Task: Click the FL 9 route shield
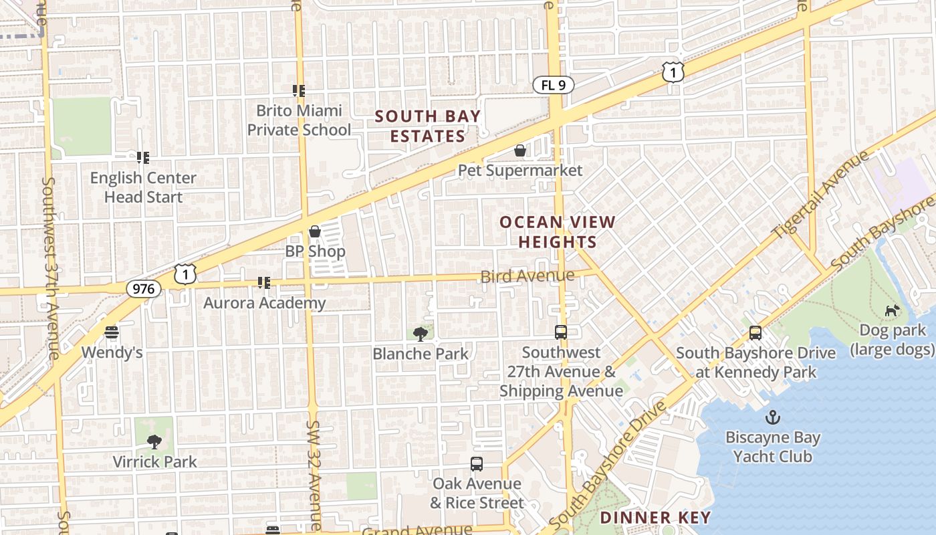click(553, 85)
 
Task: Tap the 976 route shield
click(144, 289)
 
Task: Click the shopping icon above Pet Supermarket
click(520, 150)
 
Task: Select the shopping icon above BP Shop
click(315, 231)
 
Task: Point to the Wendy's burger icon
click(112, 332)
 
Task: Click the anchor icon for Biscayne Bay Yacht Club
click(772, 418)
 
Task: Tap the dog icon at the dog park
click(892, 310)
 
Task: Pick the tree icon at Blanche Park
click(421, 333)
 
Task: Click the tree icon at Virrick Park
click(154, 441)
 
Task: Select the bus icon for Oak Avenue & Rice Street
click(476, 463)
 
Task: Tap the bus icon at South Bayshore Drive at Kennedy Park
click(755, 332)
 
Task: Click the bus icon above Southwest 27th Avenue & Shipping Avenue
click(561, 332)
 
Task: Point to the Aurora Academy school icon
click(264, 283)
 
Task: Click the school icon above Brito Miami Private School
click(299, 90)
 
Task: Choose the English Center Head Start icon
click(142, 158)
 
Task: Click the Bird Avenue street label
click(527, 276)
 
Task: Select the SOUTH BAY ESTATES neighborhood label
click(427, 126)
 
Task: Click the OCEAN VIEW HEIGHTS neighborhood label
click(557, 231)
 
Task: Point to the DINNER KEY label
click(655, 517)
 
